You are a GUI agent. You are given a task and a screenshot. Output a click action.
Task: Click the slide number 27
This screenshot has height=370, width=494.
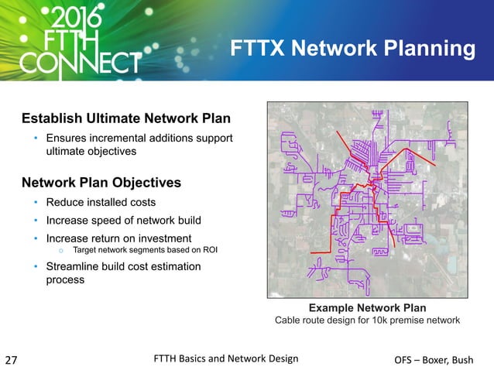(x=12, y=360)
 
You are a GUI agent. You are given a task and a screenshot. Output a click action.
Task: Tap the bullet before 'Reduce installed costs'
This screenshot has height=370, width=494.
(x=36, y=203)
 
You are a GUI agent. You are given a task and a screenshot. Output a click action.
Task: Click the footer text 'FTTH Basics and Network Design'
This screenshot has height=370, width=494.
(x=226, y=358)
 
